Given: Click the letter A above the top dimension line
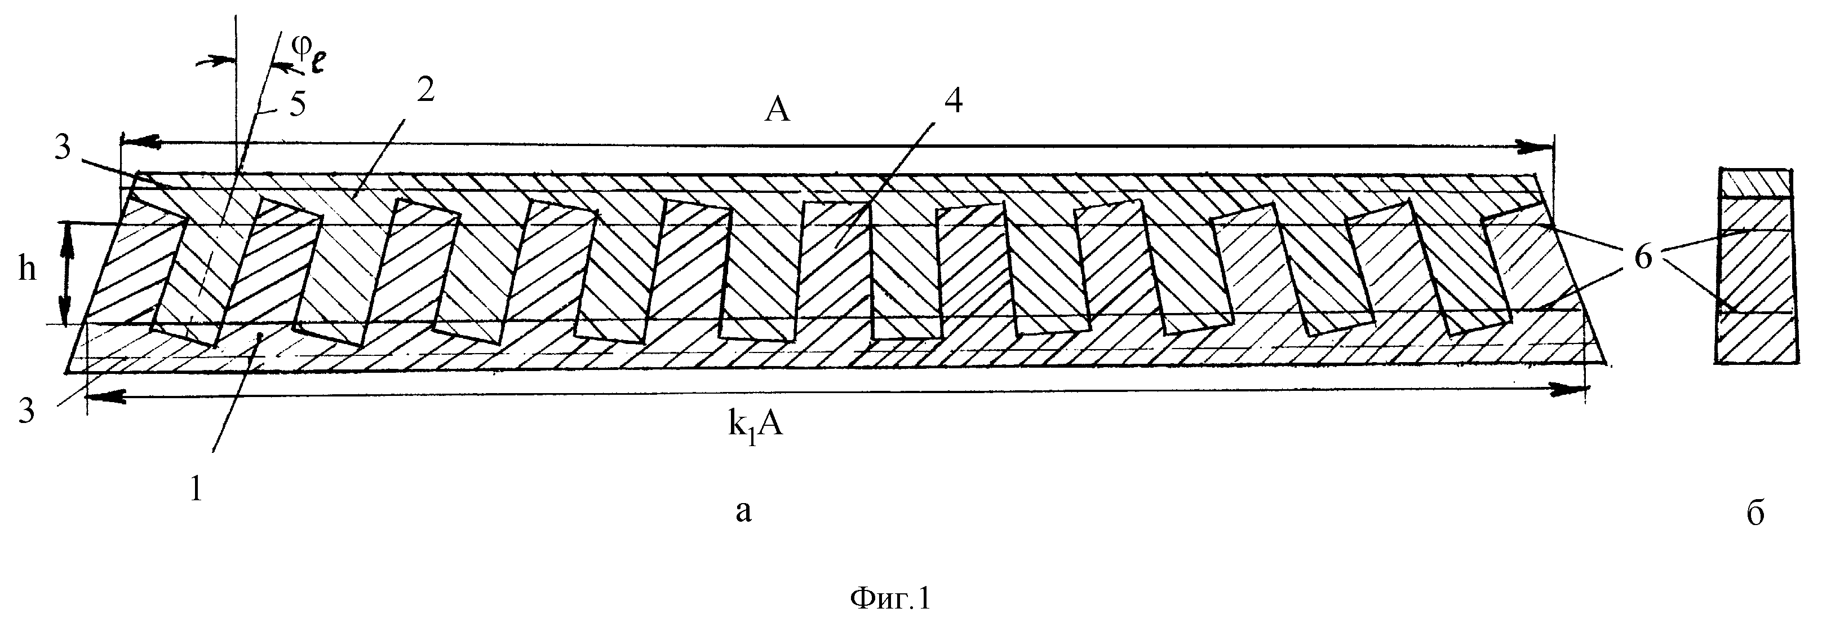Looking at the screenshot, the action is click(x=777, y=111).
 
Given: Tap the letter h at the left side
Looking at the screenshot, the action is click(x=27, y=269).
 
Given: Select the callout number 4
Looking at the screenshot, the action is click(x=953, y=103).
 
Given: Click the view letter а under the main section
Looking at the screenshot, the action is click(x=743, y=511).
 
